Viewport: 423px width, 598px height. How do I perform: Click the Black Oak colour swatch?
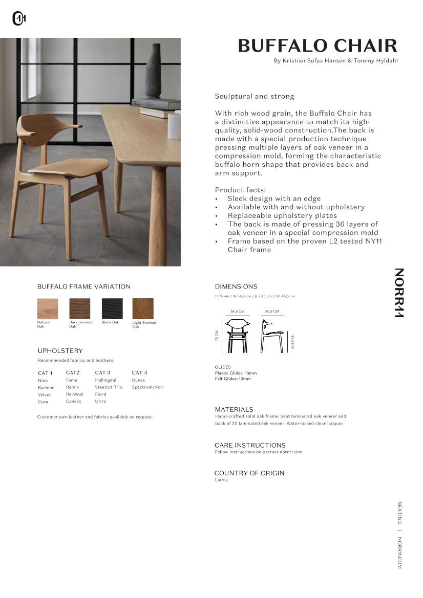pyautogui.click(x=112, y=308)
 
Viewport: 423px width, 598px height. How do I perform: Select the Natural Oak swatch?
pyautogui.click(x=48, y=308)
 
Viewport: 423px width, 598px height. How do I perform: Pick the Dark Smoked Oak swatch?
pyautogui.click(x=80, y=308)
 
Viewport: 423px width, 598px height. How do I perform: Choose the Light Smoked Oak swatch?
pyautogui.click(x=143, y=308)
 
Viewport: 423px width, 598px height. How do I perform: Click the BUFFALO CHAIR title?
pyautogui.click(x=318, y=46)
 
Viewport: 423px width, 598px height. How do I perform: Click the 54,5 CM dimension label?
pyautogui.click(x=237, y=312)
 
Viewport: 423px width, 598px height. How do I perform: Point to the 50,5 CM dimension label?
pyautogui.click(x=272, y=312)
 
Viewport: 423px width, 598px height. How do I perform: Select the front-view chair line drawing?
pyautogui.click(x=237, y=336)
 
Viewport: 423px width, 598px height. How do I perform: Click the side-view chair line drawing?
pyautogui.click(x=271, y=336)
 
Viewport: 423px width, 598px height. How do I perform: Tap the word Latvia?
pyautogui.click(x=221, y=480)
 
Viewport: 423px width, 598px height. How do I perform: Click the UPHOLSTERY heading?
pyautogui.click(x=60, y=351)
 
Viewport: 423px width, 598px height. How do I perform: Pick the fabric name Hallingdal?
pyautogui.click(x=105, y=380)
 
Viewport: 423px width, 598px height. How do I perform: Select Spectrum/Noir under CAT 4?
pyautogui.click(x=147, y=387)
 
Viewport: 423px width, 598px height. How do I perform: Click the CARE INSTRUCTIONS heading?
pyautogui.click(x=250, y=445)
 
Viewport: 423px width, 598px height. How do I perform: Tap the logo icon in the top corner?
pyautogui.click(x=19, y=19)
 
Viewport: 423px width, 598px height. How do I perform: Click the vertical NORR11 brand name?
pyautogui.click(x=399, y=293)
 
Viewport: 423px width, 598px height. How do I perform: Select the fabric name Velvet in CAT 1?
pyautogui.click(x=45, y=395)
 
